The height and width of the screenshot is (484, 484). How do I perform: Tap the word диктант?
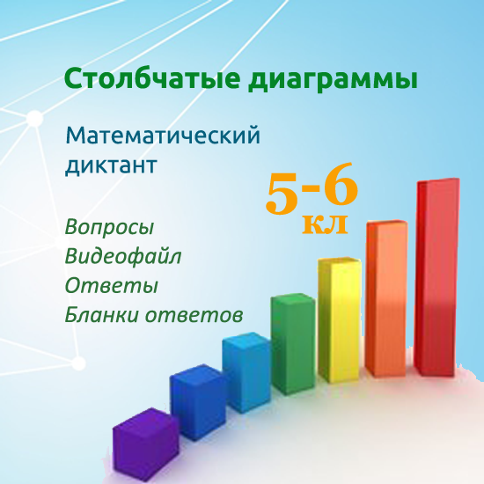pyautogui.click(x=111, y=165)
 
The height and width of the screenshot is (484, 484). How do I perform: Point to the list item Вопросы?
pyautogui.click(x=110, y=227)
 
